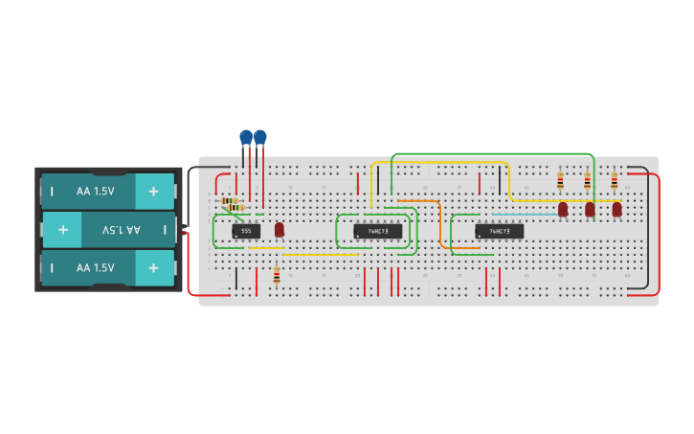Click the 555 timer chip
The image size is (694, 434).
(246, 231)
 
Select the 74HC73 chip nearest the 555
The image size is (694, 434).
(378, 231)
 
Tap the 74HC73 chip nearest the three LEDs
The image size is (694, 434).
(499, 231)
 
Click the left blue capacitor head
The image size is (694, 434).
(246, 137)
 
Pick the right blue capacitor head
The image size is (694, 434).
(260, 137)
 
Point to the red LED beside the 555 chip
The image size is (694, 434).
(280, 229)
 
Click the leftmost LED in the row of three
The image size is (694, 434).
(563, 208)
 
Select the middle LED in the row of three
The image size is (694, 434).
(590, 208)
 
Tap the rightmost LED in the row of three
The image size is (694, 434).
(616, 208)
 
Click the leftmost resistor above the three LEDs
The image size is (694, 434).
(560, 180)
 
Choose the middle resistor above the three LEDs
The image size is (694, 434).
(587, 180)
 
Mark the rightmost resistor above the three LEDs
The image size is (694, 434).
(614, 180)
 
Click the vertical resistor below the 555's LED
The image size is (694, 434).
(277, 276)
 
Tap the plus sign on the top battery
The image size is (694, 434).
(153, 191)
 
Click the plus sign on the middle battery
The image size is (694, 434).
(63, 230)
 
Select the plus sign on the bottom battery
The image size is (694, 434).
(153, 267)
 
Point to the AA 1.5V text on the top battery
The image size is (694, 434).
(95, 191)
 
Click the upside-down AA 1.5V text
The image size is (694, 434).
(121, 230)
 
